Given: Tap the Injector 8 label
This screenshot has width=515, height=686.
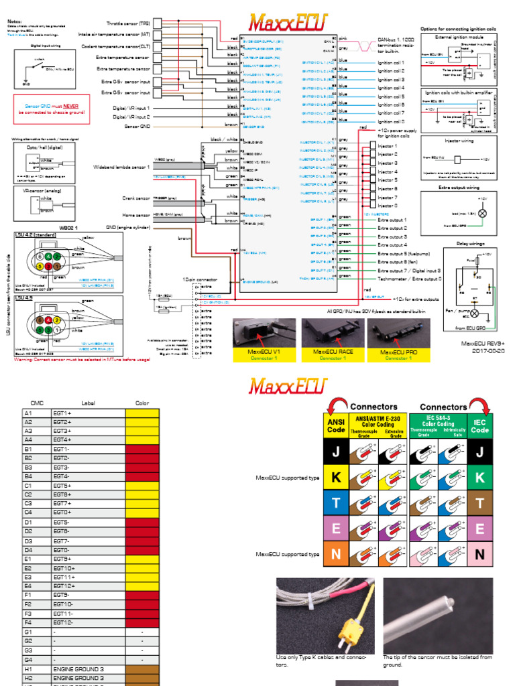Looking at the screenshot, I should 388,206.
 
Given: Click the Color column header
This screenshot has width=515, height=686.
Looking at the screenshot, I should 141,403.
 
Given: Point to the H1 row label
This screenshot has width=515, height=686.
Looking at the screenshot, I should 28,668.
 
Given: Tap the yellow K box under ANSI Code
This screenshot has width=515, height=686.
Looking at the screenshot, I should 336,477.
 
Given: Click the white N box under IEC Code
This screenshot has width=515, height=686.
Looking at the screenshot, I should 479,554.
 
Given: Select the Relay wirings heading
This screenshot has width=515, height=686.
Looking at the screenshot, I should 471,245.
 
